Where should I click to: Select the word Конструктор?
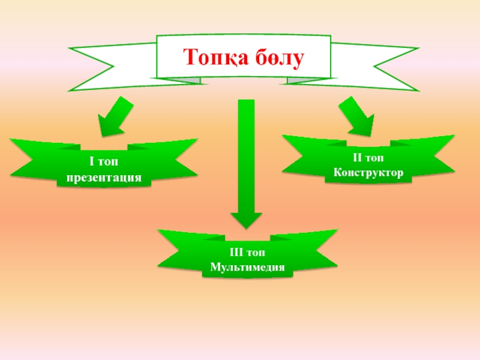coord(369,172)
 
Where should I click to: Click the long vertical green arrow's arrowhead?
coord(247,220)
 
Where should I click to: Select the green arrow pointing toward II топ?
coord(357,117)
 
